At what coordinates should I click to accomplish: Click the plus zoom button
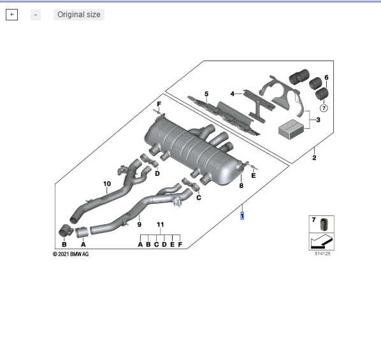pyautogui.click(x=11, y=15)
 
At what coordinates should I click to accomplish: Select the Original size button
pyautogui.click(x=78, y=15)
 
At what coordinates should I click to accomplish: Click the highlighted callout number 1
pyautogui.click(x=241, y=216)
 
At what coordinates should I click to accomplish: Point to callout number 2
pyautogui.click(x=313, y=157)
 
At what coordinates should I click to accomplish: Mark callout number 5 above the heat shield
pyautogui.click(x=206, y=94)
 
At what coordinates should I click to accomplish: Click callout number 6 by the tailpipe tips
pyautogui.click(x=327, y=78)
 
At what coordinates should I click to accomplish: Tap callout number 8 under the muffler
pyautogui.click(x=241, y=185)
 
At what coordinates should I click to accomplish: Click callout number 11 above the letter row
pyautogui.click(x=161, y=225)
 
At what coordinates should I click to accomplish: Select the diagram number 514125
pyautogui.click(x=322, y=255)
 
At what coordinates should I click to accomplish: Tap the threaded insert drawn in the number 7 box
pyautogui.click(x=324, y=224)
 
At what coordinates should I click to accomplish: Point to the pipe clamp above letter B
pyautogui.click(x=64, y=230)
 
